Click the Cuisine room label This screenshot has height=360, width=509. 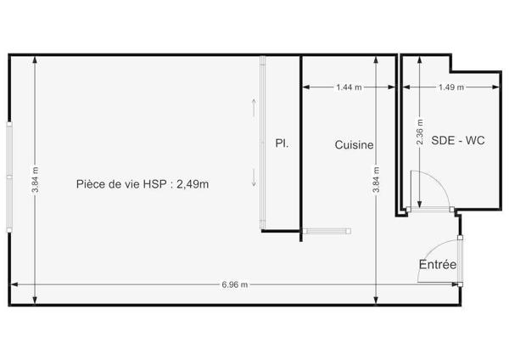[354, 145]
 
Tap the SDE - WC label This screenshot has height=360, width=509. [458, 140]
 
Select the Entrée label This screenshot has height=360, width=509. [438, 264]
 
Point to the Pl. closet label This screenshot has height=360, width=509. [282, 143]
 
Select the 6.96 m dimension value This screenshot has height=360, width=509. [235, 284]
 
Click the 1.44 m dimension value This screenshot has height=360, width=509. [349, 87]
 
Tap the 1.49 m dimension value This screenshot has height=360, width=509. [451, 87]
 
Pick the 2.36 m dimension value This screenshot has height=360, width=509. [420, 132]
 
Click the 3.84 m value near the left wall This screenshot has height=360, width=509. [35, 180]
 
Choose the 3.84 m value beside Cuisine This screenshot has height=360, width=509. [376, 180]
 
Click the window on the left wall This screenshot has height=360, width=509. [9, 177]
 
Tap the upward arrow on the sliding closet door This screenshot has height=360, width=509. [254, 108]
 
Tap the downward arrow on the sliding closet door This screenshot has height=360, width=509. [254, 177]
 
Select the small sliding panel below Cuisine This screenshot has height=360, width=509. [327, 231]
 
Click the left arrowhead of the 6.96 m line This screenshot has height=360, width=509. [14, 284]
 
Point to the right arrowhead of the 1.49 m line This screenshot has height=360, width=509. [496, 87]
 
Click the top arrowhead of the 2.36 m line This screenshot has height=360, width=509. [420, 60]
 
